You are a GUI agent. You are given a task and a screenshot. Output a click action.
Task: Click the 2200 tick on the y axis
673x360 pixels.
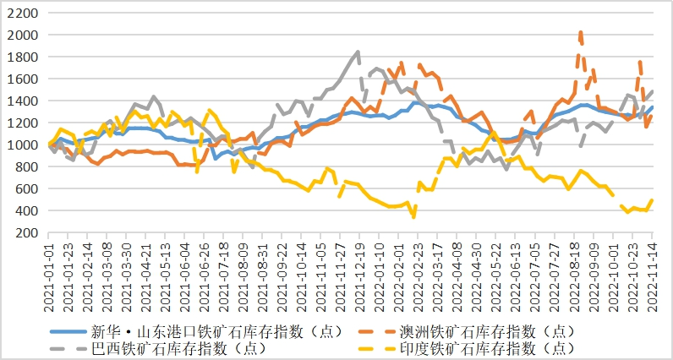24,14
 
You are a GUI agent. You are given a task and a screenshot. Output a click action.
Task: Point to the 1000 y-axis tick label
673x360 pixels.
24,145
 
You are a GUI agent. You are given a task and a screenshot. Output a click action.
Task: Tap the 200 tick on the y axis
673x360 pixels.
27,232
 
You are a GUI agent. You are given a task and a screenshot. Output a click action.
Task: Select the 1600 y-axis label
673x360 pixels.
24,79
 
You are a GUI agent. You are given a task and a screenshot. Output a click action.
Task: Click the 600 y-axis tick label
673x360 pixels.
27,188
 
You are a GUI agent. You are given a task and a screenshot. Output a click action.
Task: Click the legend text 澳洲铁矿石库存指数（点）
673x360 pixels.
491,330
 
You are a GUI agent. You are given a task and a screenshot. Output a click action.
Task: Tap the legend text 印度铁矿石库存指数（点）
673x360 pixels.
491,347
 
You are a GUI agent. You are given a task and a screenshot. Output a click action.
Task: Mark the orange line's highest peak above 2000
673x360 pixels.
580,33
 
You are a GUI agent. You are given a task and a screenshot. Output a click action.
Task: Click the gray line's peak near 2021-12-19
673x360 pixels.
358,52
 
